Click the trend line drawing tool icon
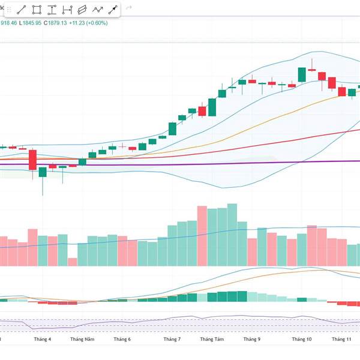pos(21,10)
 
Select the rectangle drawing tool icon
pos(37,10)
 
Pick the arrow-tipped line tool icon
pos(112,10)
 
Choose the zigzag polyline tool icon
pos(97,10)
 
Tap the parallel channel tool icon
pos(82,10)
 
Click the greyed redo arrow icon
pos(128,10)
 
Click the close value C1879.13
pos(55,23)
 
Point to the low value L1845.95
pos(29,23)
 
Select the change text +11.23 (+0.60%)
pos(89,23)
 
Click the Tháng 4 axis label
pos(42,340)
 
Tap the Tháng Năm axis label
pos(82,340)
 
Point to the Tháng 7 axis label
pos(172,340)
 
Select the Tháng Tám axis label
pos(212,340)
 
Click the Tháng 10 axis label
pos(302,340)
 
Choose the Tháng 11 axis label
pos(341,340)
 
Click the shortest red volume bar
pos(73,262)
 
